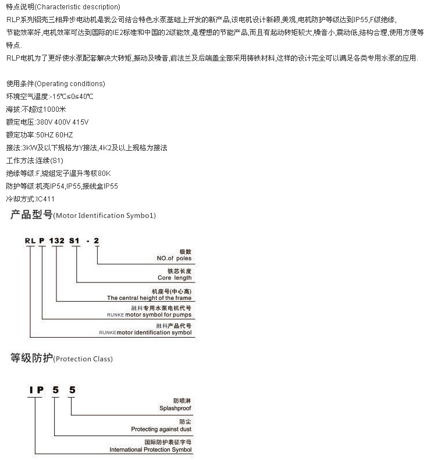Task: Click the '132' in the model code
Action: [57, 240]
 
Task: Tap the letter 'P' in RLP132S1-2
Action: [42, 240]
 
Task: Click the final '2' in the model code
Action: [97, 240]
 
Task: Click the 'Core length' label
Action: [174, 278]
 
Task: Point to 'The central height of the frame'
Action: [149, 298]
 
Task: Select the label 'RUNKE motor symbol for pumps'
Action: [150, 315]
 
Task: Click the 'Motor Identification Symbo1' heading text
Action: [105, 215]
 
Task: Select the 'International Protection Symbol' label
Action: [151, 450]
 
